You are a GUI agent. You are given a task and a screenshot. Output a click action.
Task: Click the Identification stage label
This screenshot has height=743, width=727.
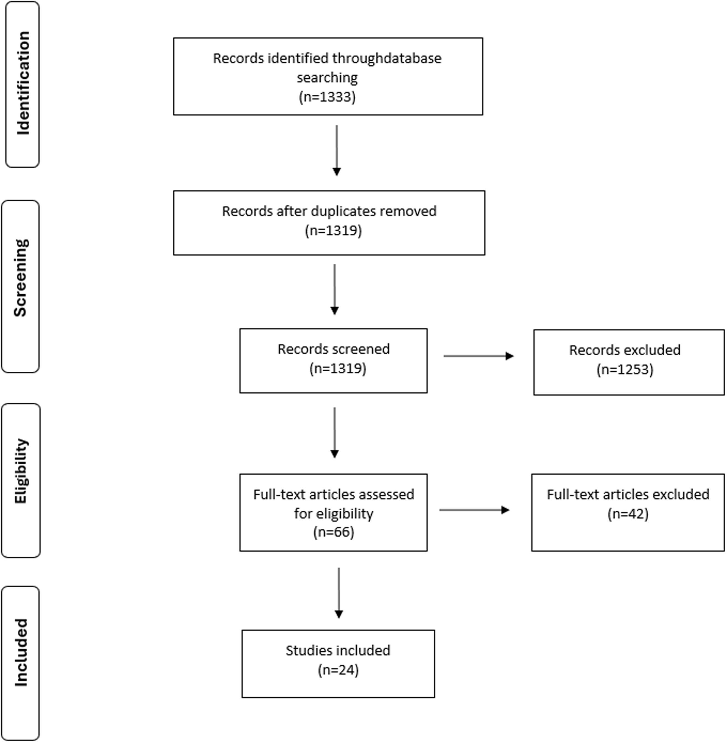[x=23, y=83]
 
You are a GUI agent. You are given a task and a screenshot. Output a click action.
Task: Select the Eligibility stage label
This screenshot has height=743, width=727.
[x=21, y=471]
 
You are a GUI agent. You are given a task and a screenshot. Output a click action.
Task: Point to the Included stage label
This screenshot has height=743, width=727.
[x=21, y=652]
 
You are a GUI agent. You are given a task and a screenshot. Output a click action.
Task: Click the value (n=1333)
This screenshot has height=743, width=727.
[x=327, y=97]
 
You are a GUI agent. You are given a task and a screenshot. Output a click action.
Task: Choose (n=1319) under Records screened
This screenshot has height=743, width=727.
[x=338, y=368]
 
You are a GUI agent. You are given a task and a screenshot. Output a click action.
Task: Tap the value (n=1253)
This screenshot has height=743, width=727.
[x=625, y=370]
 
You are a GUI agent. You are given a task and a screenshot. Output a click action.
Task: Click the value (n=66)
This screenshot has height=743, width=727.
[x=333, y=532]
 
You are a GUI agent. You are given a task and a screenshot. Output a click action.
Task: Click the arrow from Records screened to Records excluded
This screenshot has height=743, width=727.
[x=478, y=356]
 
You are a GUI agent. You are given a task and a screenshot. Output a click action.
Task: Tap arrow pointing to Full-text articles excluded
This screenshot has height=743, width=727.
[x=474, y=510]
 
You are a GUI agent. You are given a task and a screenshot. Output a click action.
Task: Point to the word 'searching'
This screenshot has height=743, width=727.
[x=327, y=78]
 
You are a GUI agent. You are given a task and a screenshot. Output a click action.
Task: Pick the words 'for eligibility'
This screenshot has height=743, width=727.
[x=333, y=513]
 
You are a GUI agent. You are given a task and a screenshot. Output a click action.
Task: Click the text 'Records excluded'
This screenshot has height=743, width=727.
[x=625, y=350]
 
